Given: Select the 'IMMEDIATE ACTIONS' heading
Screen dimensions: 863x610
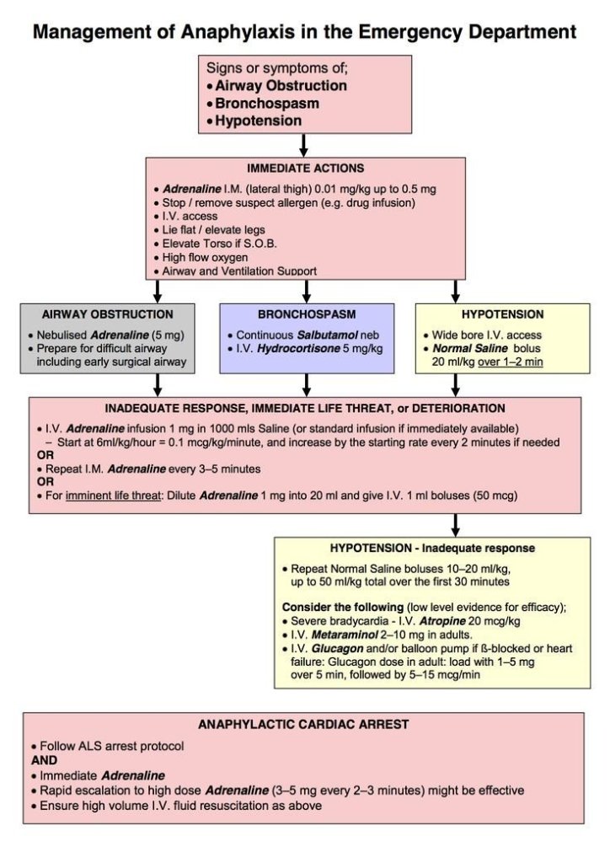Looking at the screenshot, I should coord(306,169).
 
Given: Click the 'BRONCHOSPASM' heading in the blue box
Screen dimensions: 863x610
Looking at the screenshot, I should coord(307,314).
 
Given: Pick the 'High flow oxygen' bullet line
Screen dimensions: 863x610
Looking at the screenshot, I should coord(199,256).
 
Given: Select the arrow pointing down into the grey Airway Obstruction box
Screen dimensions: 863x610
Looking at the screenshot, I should coord(158,292).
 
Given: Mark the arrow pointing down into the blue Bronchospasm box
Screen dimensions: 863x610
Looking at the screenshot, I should coord(306,292).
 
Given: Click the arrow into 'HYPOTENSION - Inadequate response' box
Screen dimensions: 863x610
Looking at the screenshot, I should coord(455,525).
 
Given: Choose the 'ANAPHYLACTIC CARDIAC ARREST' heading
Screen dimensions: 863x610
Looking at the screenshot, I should coord(303,724).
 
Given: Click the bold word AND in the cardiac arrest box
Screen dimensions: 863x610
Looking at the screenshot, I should coord(42,758).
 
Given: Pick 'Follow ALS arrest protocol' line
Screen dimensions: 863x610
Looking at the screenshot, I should coord(110,746).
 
